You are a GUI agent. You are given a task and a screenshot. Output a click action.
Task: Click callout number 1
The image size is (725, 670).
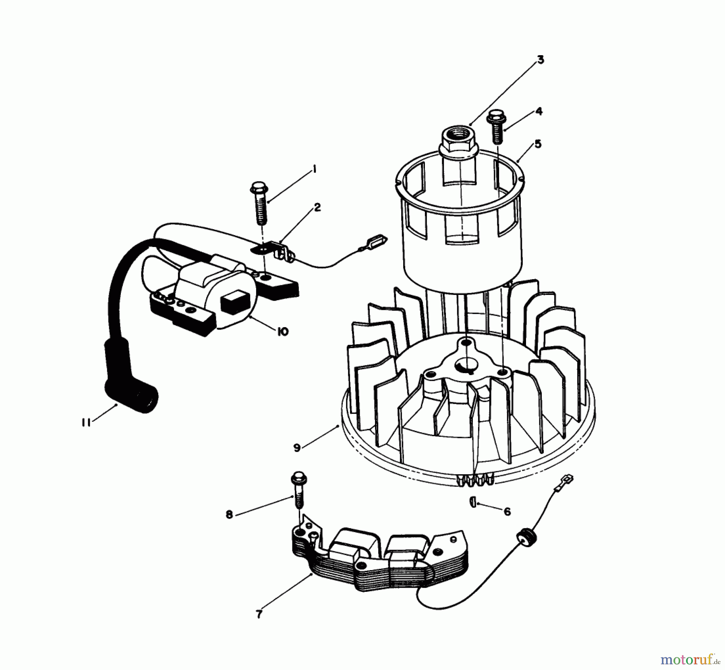coord(315,170)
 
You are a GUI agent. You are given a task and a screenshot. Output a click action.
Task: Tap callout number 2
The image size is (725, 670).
coord(317,207)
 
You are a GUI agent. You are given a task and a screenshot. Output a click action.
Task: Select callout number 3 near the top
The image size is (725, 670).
coord(541,60)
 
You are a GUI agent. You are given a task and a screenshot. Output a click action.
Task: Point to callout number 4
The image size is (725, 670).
coord(539,111)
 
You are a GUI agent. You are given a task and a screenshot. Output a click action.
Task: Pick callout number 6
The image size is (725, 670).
coord(507,512)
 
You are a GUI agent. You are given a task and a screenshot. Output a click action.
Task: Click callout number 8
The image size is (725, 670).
coord(229,515)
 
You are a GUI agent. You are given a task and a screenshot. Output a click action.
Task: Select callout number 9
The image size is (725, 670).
coord(297,448)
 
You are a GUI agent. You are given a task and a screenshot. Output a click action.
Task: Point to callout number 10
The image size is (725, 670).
coord(283,332)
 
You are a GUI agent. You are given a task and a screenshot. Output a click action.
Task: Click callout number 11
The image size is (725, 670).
coord(85,423)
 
